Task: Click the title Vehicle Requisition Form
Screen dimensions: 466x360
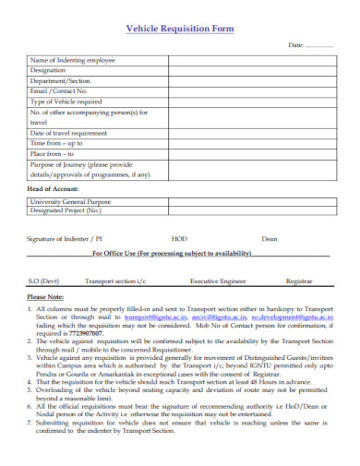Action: coord(179,29)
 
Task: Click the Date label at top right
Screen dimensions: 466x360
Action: coord(296,45)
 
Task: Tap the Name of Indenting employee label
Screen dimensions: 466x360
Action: coord(73,60)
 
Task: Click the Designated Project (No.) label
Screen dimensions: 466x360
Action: coord(66,209)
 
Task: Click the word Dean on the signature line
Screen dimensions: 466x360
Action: coord(269,238)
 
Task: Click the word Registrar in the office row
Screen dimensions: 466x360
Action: coord(299,280)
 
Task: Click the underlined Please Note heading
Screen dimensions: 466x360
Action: coord(47,297)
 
